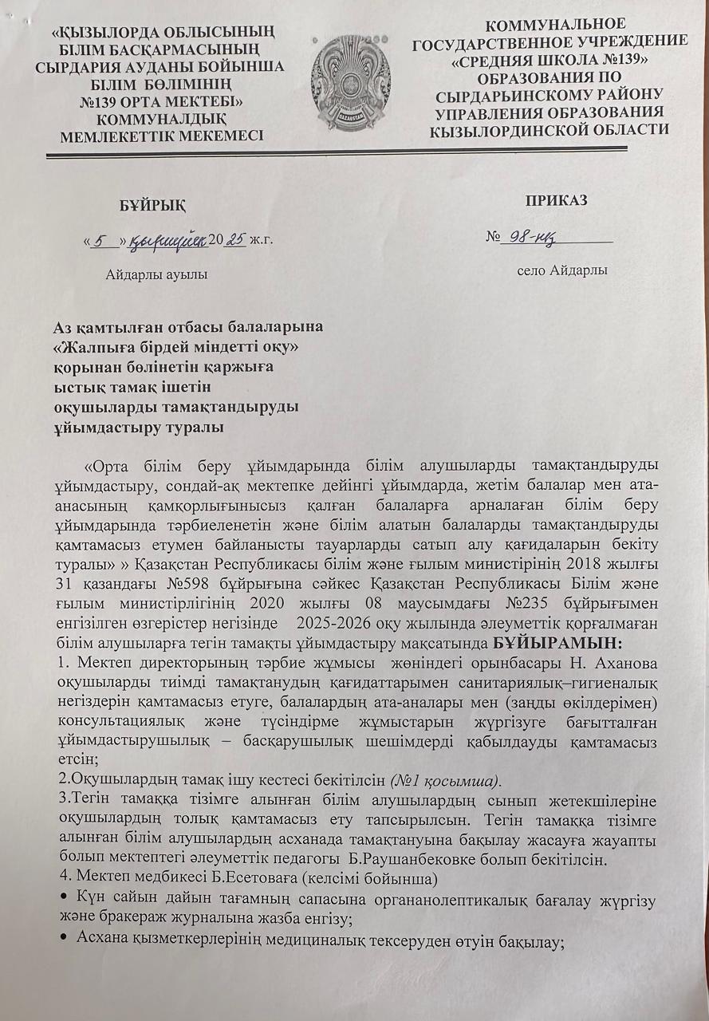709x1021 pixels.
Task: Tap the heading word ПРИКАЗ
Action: tap(557, 200)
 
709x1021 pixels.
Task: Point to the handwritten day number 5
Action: tap(102, 238)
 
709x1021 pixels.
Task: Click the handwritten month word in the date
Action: tap(168, 238)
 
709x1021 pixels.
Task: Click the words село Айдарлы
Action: tap(562, 270)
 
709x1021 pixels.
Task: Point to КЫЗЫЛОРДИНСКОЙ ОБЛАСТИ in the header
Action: tap(549, 129)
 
